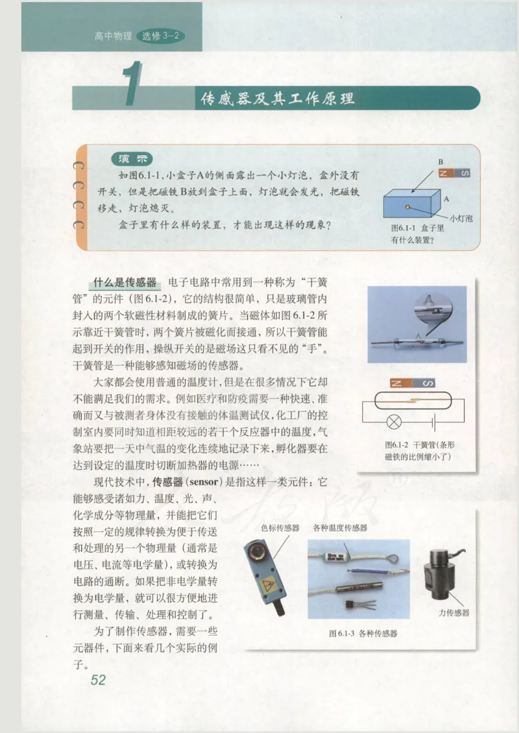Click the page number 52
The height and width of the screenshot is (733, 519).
click(98, 679)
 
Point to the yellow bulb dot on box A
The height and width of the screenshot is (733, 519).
click(407, 206)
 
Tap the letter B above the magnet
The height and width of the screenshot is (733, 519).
click(440, 161)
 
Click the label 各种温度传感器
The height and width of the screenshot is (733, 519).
click(340, 528)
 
